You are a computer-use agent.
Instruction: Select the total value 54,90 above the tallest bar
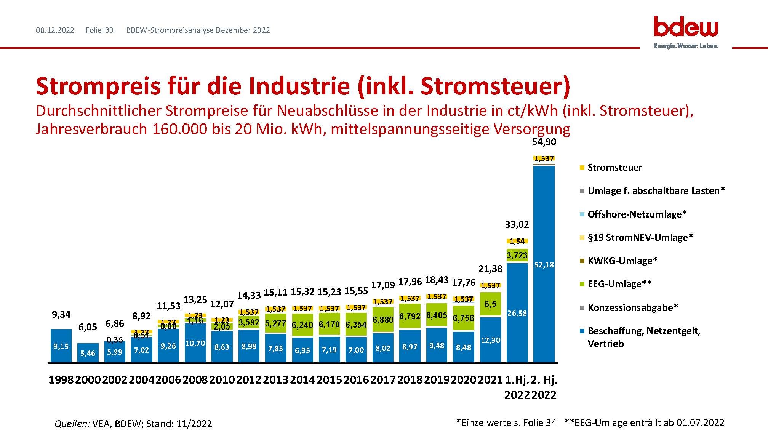point(544,142)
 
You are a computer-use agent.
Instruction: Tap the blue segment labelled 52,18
point(544,265)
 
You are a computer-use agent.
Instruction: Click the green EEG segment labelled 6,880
point(383,320)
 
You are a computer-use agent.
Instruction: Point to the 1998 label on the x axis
point(61,380)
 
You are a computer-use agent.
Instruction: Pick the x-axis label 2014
point(302,380)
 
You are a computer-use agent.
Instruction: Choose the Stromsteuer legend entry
point(614,168)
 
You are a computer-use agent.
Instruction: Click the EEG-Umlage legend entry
point(619,284)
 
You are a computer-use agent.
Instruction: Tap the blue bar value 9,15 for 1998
point(61,346)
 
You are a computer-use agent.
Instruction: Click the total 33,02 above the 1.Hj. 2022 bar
point(517,224)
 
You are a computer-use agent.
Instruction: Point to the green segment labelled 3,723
point(517,255)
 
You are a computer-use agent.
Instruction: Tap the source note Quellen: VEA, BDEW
point(133,424)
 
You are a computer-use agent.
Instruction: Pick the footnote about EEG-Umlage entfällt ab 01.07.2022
point(644,422)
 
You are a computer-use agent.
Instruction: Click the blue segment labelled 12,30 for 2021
point(490,340)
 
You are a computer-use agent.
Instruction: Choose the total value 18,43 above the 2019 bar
point(437,280)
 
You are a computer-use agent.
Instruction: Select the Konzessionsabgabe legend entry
point(633,307)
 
